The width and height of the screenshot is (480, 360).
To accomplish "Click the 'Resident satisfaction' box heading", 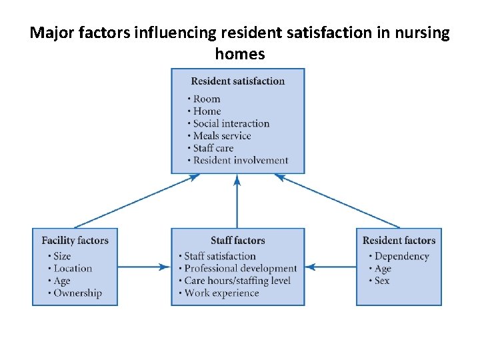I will pos(237,81).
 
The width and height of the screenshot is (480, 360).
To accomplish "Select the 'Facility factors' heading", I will pos(75,241).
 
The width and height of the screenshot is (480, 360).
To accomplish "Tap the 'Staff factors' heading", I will pos(237,241).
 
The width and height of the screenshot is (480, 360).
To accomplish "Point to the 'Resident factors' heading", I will pos(399,241).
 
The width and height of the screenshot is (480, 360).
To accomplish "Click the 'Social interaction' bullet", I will pos(231,123).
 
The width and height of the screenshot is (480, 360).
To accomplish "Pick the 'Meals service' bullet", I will pos(222,136).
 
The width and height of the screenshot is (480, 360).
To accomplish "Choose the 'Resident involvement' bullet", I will pos(240,160).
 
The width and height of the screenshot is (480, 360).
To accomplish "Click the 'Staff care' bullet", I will pos(213,148).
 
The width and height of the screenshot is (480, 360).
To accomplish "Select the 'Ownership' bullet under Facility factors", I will pos(77,293).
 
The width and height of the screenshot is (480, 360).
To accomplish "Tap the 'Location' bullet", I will pos(73,269).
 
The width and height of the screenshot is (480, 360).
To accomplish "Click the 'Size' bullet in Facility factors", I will pos(62,256).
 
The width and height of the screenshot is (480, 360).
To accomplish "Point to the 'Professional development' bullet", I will pos(240,269).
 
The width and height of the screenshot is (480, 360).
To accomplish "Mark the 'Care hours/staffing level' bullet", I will pos(237,281).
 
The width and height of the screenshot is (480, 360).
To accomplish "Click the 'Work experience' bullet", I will pos(221,293).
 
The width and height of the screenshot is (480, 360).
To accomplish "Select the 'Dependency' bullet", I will pos(401,256).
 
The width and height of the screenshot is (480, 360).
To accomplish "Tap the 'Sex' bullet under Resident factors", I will pos(382,281).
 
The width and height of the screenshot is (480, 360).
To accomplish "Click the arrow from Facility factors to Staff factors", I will pos(144,267).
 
